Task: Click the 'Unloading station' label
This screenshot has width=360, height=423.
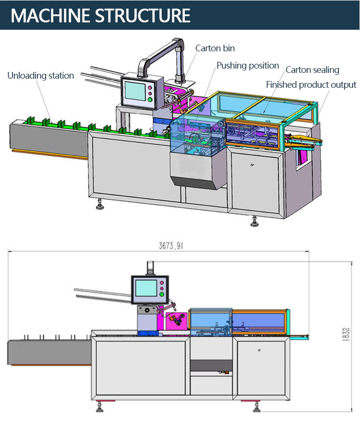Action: click(40, 76)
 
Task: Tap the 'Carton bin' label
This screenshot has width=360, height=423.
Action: click(215, 48)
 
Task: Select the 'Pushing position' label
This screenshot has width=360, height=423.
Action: click(248, 66)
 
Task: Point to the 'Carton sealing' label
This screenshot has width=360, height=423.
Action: click(312, 70)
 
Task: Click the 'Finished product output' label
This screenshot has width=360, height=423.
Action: click(311, 85)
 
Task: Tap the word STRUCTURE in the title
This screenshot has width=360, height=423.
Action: click(143, 15)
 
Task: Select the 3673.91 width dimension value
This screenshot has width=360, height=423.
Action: click(171, 246)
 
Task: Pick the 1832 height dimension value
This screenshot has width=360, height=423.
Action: click(346, 335)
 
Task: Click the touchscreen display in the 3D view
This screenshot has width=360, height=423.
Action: click(135, 91)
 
